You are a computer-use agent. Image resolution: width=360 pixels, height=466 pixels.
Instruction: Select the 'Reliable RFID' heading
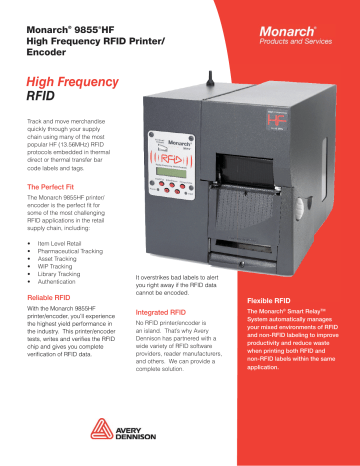click(x=56, y=298)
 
